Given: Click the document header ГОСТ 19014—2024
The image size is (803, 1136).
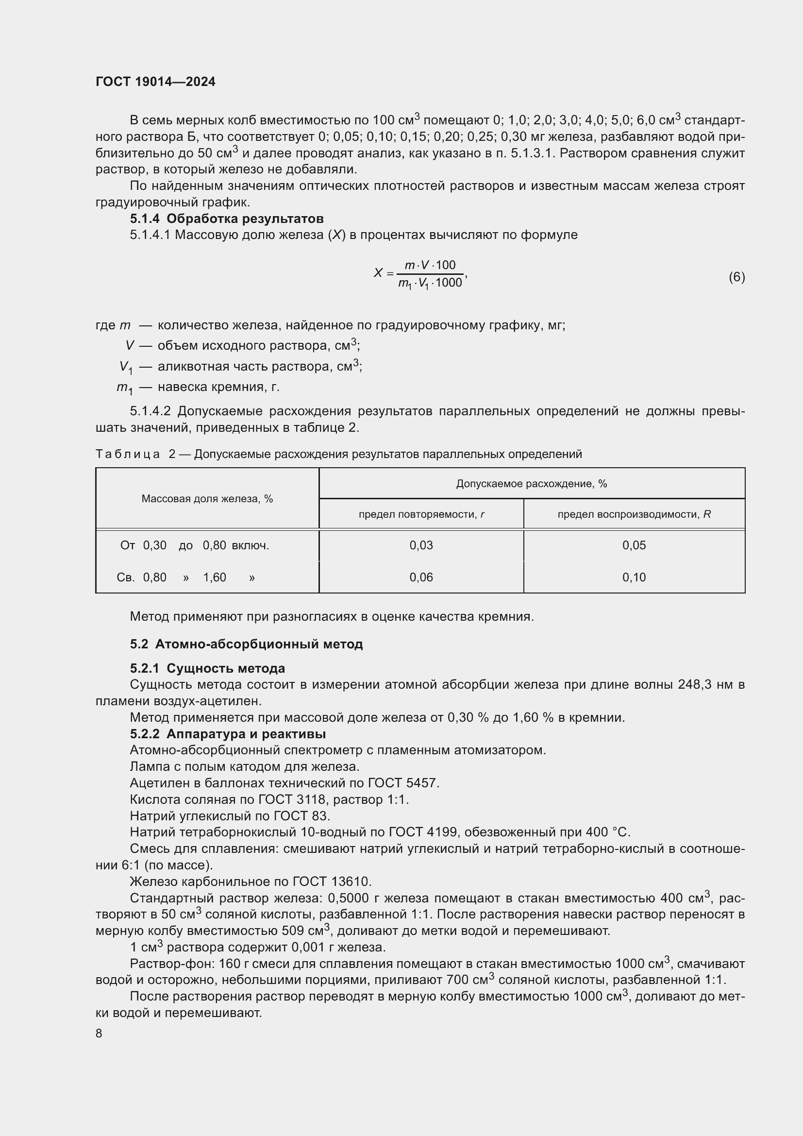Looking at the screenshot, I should [x=155, y=82].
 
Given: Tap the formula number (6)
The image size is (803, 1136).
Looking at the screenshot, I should [x=736, y=277].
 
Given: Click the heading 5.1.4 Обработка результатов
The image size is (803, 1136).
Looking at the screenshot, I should [x=226, y=218].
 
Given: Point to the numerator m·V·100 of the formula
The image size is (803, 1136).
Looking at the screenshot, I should [x=430, y=265].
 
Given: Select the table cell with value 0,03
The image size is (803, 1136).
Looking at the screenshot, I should [x=421, y=545].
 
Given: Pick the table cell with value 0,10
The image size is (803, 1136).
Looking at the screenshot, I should [x=634, y=577].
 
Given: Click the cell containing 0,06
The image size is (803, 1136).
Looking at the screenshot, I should [x=421, y=577].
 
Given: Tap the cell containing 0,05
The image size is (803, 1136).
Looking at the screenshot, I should [x=634, y=545].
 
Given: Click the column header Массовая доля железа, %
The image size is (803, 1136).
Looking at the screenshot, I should [x=207, y=499].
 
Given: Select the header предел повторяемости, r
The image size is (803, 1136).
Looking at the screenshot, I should [x=421, y=514].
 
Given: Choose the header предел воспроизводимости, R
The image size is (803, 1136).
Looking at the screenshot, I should [x=634, y=514].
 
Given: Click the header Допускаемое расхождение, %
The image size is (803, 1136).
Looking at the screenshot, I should [x=532, y=483].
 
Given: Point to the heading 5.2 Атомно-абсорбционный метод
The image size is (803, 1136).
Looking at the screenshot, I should [x=246, y=644].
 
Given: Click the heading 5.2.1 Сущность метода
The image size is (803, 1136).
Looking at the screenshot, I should [x=207, y=668].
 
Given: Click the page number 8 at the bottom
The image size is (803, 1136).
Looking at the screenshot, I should [x=99, y=1033].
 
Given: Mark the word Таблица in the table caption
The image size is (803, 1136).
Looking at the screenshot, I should [x=128, y=454].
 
